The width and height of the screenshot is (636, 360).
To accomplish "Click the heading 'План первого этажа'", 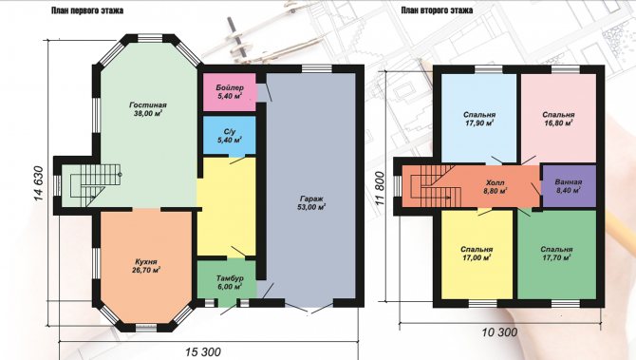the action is pyautogui.click(x=87, y=10).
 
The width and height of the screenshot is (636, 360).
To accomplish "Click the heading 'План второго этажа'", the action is pyautogui.click(x=437, y=10).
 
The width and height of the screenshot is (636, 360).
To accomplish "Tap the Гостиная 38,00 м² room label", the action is pyautogui.click(x=148, y=109).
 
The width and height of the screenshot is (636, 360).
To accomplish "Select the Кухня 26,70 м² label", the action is pyautogui.click(x=146, y=266).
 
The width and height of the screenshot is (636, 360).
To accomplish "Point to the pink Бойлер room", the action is pyautogui.click(x=229, y=92).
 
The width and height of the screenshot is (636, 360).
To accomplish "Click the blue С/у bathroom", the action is pyautogui.click(x=229, y=135).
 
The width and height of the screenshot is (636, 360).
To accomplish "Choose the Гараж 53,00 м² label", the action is pyautogui.click(x=312, y=203).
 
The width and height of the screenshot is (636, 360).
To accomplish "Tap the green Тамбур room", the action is pyautogui.click(x=227, y=279).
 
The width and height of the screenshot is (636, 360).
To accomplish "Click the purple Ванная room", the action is pyautogui.click(x=569, y=186).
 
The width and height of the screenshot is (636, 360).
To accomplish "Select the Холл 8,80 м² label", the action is pyautogui.click(x=496, y=186).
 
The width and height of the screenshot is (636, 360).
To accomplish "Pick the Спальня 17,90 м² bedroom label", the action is pyautogui.click(x=479, y=119).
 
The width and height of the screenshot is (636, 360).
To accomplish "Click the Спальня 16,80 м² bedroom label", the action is pyautogui.click(x=558, y=119).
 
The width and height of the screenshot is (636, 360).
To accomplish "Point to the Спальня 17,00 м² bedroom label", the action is pyautogui.click(x=477, y=254).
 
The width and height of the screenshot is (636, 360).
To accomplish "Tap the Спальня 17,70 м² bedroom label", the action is pyautogui.click(x=556, y=254).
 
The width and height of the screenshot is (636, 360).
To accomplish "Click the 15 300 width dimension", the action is pyautogui.click(x=203, y=351).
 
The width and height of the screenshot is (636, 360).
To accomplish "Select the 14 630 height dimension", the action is pyautogui.click(x=38, y=183).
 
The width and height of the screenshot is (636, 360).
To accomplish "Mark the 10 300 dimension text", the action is pyautogui.click(x=499, y=332).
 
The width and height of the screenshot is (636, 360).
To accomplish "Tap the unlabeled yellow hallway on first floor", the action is pyautogui.click(x=226, y=207).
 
